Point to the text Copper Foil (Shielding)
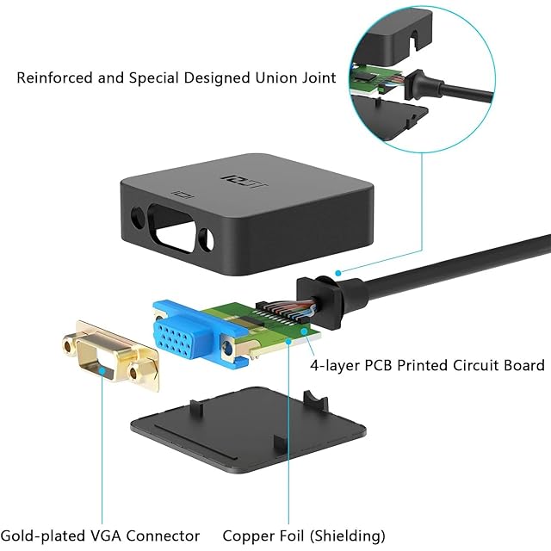303,536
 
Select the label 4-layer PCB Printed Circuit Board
427,365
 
